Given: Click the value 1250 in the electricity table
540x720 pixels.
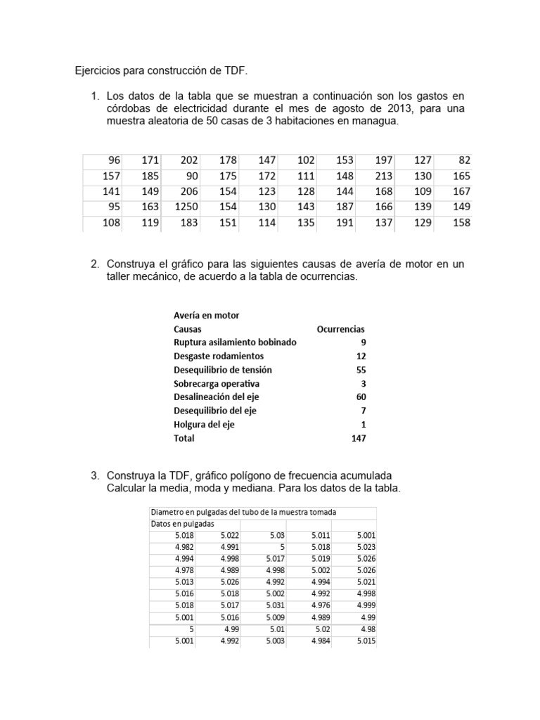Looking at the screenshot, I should (185, 207).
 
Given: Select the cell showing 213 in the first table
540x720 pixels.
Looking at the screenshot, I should (385, 176).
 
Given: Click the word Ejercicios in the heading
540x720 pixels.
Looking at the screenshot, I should (99, 71).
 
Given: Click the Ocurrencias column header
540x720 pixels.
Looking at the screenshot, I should (341, 328).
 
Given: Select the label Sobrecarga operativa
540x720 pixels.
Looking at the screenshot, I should (217, 383).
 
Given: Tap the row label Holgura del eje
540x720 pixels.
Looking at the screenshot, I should (204, 425).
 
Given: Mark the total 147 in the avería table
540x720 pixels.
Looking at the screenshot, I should (358, 438).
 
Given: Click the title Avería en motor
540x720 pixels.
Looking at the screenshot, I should (206, 315).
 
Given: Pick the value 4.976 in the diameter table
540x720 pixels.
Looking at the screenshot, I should (321, 605).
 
